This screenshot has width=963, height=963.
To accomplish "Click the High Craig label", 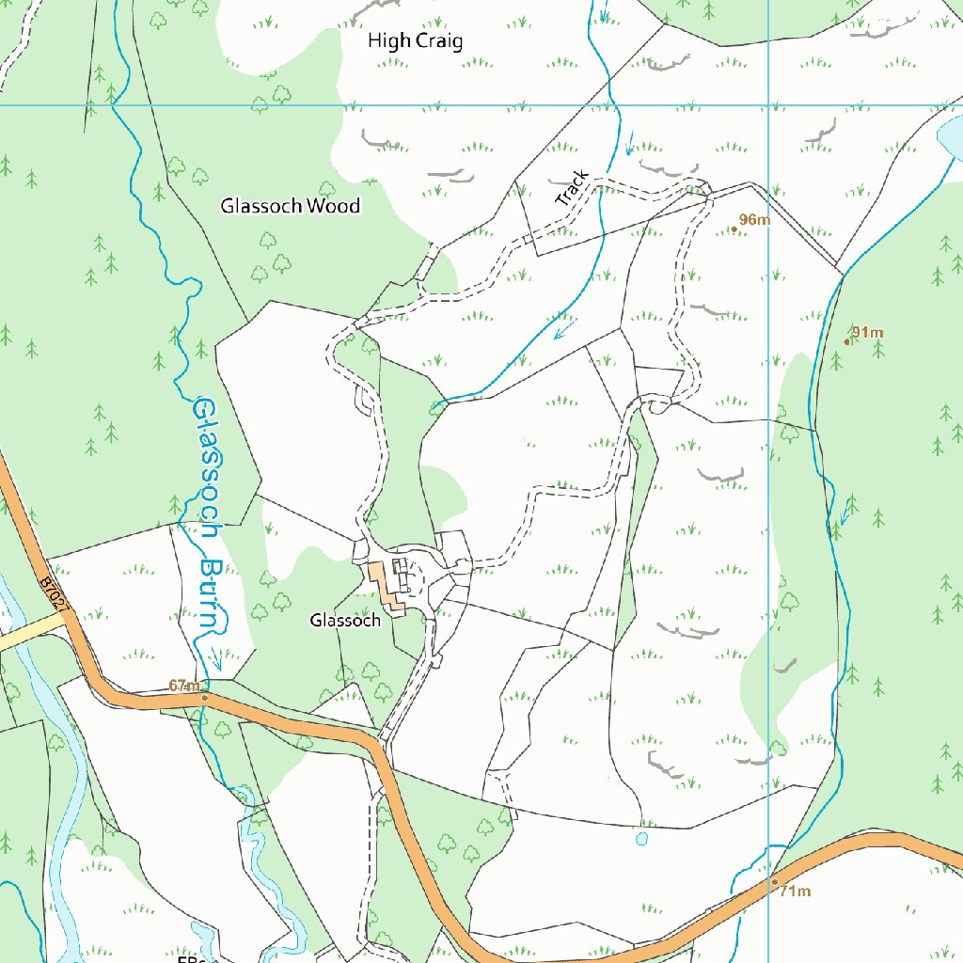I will click(415, 41).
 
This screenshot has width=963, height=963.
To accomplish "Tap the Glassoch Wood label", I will click(290, 206).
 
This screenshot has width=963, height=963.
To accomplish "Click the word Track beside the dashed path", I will click(572, 188).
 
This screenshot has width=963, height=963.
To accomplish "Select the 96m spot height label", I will click(753, 220).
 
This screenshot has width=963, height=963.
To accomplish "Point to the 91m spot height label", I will click(867, 333).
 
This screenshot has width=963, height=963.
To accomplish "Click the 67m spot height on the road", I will click(186, 687).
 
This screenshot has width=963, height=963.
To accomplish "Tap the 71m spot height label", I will click(795, 892).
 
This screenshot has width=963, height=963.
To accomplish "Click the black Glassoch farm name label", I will click(345, 621).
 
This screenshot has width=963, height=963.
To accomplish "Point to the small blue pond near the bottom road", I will click(641, 838).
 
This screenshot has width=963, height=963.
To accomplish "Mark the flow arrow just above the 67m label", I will click(215, 660).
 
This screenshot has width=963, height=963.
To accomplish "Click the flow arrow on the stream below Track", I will click(564, 330).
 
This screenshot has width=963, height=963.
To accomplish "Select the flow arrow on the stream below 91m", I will click(845, 513).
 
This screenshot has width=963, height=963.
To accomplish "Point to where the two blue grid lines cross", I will click(768, 104).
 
